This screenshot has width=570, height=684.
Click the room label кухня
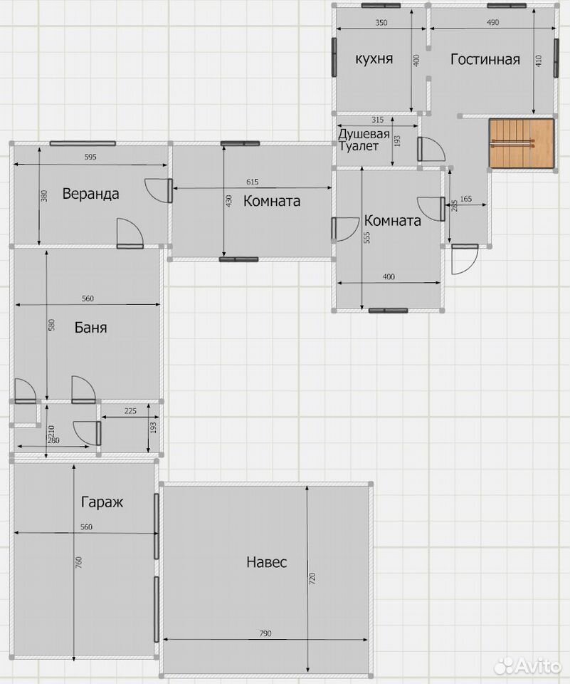[374, 58]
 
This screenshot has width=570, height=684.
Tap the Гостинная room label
[485, 59]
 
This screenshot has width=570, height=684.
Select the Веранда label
[90, 193]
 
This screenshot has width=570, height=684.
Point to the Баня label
[90, 327]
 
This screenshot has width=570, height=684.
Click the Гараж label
[102, 502]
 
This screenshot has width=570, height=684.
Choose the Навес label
[266, 562]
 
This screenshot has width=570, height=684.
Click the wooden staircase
[521, 143]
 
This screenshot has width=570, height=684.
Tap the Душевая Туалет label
[364, 140]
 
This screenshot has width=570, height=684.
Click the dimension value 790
[265, 633]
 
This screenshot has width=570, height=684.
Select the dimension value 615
[253, 182]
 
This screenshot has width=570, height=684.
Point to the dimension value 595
[90, 157]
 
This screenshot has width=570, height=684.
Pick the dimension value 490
[492, 22]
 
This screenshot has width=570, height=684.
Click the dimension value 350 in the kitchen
[381, 23]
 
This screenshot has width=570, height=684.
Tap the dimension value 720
[312, 579]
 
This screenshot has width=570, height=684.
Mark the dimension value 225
[130, 411]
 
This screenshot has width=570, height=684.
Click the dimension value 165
[466, 199]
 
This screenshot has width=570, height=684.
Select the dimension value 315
[377, 120]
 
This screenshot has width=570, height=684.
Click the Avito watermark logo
[528, 665]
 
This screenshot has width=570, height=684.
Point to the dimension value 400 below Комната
[389, 276]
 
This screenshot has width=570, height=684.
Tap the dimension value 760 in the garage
[79, 561]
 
